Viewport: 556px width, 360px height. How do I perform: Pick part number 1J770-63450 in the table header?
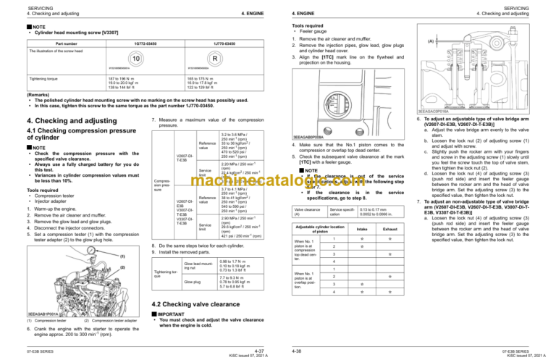pyautogui.click(x=206, y=43)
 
